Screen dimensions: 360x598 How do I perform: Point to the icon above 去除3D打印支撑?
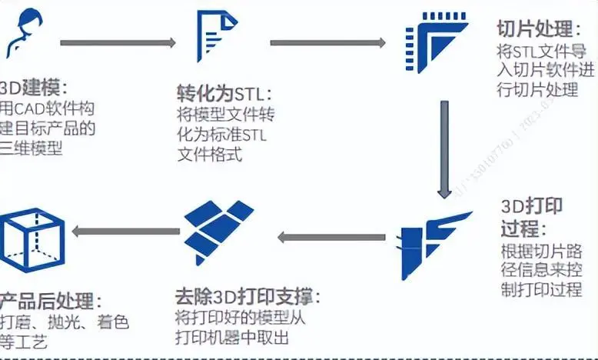coord(218,230)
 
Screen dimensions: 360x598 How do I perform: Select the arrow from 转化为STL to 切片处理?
coord(327,42)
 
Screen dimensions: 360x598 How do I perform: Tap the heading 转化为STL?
coord(224,96)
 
